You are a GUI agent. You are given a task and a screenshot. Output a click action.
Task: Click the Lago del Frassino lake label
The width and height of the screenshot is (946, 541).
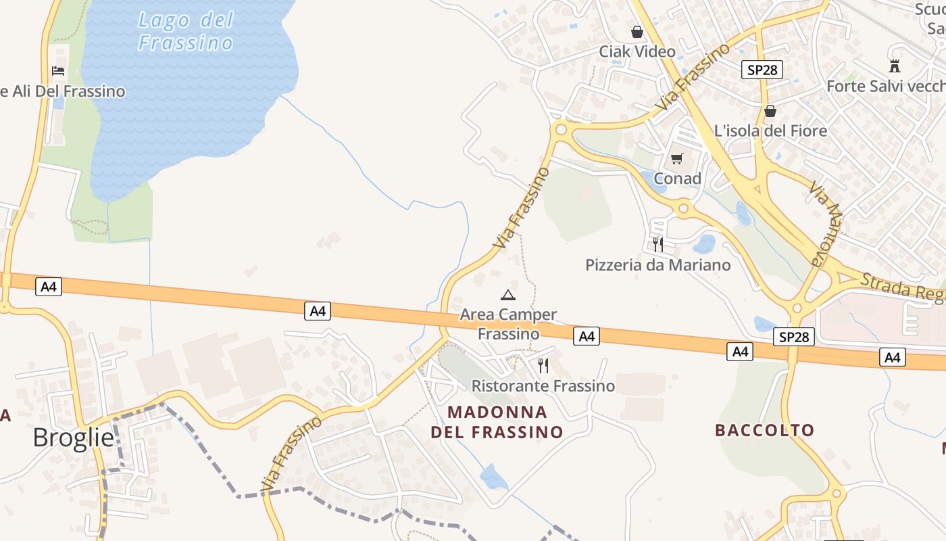tap(185, 31)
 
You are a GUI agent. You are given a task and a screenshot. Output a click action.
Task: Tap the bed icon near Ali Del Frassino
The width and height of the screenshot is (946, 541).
tap(58, 70)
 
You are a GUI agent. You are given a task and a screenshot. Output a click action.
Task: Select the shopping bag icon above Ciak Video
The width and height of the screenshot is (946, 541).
tap(637, 32)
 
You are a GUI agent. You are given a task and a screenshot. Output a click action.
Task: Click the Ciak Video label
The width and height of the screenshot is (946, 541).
tap(637, 51)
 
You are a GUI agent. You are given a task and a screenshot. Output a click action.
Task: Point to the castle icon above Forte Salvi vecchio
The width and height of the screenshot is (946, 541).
tap(895, 66)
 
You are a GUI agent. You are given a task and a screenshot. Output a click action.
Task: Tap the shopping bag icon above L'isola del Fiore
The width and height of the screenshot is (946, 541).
tap(770, 111)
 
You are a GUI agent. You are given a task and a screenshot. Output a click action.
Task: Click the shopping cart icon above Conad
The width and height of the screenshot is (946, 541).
tap(676, 159)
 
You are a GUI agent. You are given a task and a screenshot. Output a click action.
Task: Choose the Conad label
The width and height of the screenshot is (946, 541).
tap(677, 179)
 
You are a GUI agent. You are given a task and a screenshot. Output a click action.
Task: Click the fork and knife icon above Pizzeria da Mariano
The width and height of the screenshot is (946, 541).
tap(657, 244)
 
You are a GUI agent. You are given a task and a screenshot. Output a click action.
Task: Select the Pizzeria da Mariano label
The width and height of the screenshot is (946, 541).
tap(657, 265)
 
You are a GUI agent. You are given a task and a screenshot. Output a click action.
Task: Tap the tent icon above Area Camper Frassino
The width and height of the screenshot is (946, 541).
tap(507, 295)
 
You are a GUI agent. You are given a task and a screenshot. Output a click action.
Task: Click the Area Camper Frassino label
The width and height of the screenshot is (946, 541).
tap(508, 324)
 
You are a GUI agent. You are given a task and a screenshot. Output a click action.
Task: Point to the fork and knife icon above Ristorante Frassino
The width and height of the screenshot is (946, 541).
tap(543, 366)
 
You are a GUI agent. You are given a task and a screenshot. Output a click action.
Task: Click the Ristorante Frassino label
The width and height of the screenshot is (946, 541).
tap(543, 386)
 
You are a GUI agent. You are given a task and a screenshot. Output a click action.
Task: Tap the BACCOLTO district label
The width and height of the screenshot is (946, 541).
tap(764, 430)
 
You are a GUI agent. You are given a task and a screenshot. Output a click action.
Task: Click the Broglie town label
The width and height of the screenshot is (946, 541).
tap(73, 438)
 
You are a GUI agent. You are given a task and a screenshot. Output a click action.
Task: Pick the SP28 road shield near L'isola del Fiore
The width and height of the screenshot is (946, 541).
tap(762, 70)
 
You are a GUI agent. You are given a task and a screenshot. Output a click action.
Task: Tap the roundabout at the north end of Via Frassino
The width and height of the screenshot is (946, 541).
tap(559, 128)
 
